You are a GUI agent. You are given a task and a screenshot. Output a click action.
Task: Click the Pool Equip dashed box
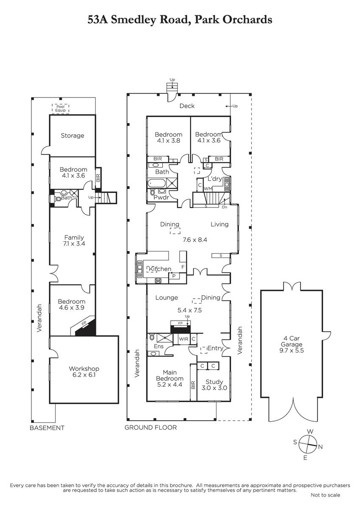pos(60,109)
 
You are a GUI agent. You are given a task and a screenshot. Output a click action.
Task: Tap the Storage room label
pos(72,136)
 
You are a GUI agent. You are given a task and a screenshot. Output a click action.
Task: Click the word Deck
pos(187,106)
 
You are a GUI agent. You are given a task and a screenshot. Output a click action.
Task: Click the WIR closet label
pos(183,339)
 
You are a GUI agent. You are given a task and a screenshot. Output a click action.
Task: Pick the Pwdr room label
pos(161,197)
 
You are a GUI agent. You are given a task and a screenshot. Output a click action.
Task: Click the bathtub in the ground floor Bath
pos(157,183)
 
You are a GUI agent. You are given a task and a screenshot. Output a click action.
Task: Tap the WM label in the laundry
pos(208,189)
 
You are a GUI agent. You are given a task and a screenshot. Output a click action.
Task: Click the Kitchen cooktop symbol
pos(158,281)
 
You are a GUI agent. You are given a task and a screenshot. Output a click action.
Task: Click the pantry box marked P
pos(174,276)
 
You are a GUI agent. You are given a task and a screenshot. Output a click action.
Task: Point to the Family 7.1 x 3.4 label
pos(74,241)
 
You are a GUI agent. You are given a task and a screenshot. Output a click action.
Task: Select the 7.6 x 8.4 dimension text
pos(195,240)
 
